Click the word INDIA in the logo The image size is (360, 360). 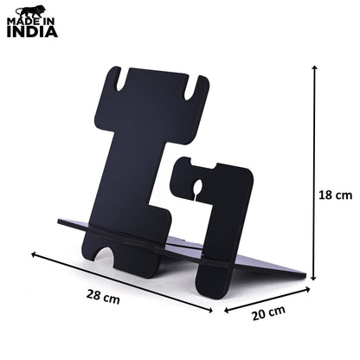click(x=32, y=31)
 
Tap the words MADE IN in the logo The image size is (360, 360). click(x=31, y=22)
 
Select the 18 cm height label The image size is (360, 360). click(x=335, y=196)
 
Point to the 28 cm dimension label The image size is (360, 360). click(x=103, y=297)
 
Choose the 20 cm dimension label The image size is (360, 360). click(x=269, y=312)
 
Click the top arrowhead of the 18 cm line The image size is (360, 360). click(x=314, y=67)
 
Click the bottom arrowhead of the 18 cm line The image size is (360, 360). click(x=314, y=278)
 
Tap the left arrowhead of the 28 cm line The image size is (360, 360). click(x=34, y=254)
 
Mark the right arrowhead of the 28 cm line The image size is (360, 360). click(x=210, y=311)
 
